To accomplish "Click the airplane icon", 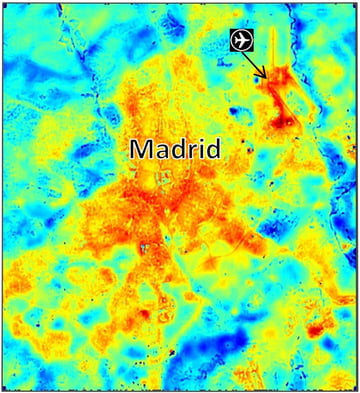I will pos(240,39).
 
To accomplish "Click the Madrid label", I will pos(175,149).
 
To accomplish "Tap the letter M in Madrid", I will pos(142,149).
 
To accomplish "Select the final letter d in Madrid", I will pos(213,149).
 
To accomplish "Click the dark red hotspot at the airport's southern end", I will pos(285,123).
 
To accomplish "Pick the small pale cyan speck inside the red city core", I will pos(146,246).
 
